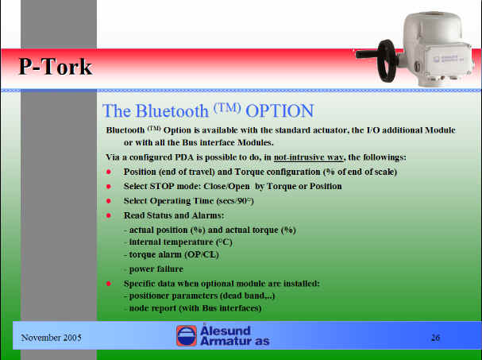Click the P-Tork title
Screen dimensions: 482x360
56,67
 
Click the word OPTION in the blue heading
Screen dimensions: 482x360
280,110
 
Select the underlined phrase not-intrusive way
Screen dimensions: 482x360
308,157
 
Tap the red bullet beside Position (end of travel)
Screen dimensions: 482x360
109,172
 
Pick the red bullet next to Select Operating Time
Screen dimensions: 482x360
109,200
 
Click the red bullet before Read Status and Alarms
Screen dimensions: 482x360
109,215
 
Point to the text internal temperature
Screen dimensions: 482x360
171,242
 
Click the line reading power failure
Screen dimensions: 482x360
156,269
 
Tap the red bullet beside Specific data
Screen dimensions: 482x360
109,284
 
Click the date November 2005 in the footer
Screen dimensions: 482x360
51,338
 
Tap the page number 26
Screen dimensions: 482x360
435,338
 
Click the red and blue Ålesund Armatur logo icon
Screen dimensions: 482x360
187,335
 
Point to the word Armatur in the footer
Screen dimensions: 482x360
226,341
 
